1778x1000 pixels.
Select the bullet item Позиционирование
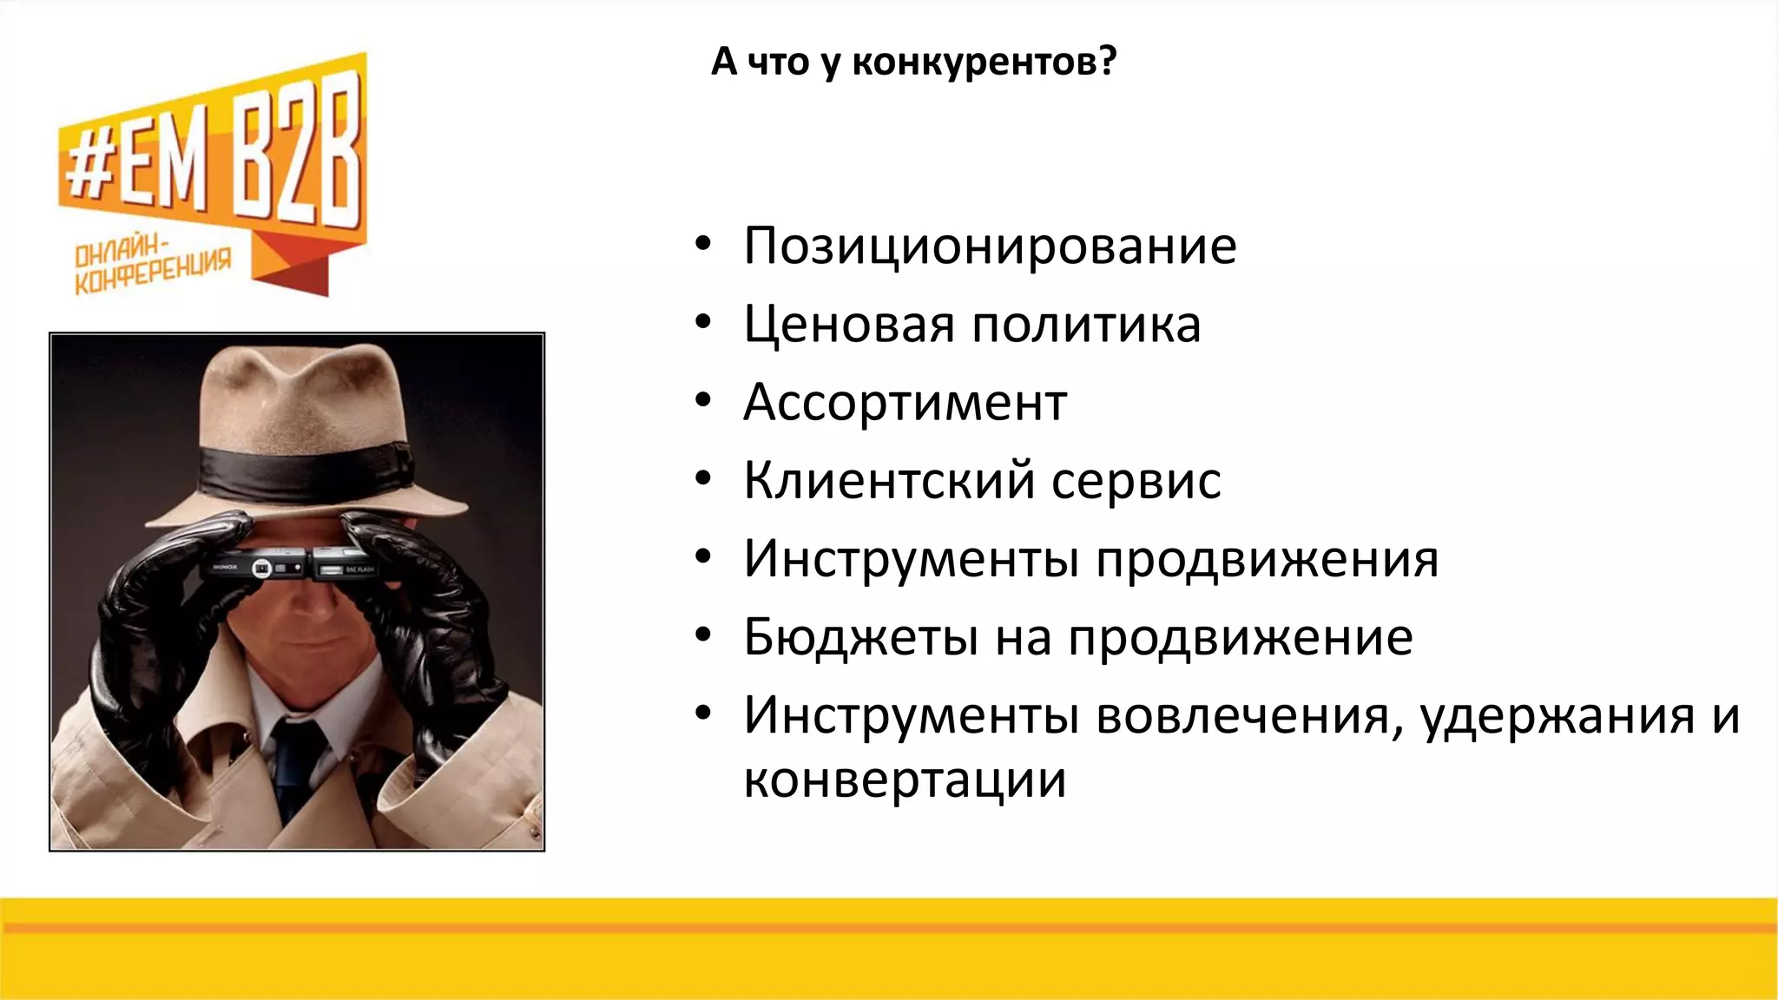990,247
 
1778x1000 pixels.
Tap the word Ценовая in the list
849,325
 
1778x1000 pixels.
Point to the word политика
1085,325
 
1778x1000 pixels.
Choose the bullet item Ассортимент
905,403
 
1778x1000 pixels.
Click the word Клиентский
889,481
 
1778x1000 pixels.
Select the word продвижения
1267,559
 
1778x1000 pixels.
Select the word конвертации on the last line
905,780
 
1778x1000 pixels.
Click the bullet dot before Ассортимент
703,401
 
